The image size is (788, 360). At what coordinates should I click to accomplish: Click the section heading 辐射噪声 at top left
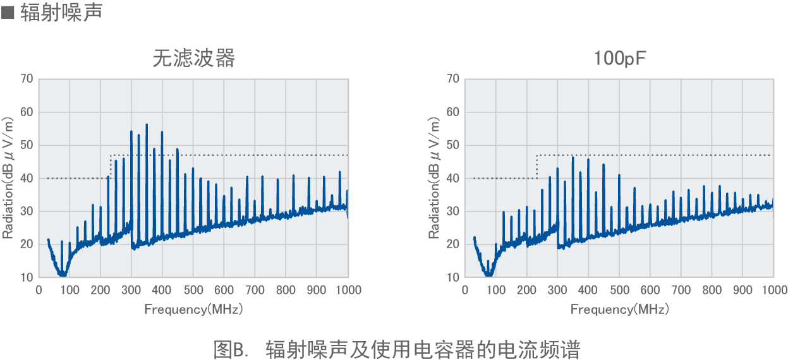point(61,13)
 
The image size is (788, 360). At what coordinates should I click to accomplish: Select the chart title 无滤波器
point(193,58)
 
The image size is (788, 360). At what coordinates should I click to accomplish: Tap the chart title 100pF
point(619,58)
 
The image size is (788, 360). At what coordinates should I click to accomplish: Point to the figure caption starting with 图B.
point(396,348)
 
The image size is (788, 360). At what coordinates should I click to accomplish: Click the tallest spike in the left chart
point(147,125)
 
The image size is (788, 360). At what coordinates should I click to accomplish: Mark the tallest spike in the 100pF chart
point(573,157)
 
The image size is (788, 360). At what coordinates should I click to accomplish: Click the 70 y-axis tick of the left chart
point(26,79)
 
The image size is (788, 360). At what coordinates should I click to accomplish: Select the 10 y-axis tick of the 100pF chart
point(452,277)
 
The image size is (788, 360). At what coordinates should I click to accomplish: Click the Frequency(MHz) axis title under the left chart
point(193,309)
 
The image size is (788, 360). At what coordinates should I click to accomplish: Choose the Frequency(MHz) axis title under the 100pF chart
point(619,309)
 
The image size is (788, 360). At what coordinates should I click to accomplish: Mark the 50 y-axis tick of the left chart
point(26,145)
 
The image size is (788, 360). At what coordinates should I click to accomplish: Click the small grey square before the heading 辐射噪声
point(8,13)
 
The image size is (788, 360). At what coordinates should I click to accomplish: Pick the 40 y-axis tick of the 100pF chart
point(452,178)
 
